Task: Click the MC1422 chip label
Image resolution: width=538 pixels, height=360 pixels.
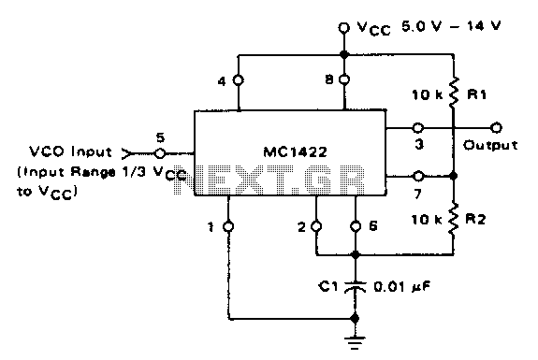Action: tap(295, 151)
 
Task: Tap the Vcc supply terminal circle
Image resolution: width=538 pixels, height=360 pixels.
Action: tap(343, 28)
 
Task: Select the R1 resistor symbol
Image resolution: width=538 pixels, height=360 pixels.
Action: tap(453, 92)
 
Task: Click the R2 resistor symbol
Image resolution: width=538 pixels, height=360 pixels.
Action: tap(453, 219)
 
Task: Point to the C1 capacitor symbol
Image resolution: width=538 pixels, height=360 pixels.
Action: tap(356, 287)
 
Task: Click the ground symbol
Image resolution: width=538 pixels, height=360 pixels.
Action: tap(356, 342)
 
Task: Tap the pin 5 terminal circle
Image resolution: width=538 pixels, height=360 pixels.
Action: tap(160, 153)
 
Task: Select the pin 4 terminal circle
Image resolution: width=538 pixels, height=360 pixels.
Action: tap(239, 80)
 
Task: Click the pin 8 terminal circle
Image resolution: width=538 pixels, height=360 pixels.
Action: tap(344, 79)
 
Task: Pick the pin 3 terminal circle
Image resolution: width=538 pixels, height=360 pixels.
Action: tap(417, 128)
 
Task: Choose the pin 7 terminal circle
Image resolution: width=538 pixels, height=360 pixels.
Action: tap(418, 176)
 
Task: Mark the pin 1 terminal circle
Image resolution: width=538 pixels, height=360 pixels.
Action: tap(228, 226)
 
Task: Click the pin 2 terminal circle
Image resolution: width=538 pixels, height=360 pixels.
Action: tap(316, 226)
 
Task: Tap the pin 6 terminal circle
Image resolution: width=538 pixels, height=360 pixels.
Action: tap(356, 226)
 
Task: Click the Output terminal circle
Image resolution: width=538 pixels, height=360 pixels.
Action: tap(496, 128)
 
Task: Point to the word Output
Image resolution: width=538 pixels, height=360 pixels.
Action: tap(490, 145)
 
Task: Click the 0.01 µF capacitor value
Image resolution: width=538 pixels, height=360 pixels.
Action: tap(401, 287)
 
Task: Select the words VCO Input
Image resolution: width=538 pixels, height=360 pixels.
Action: tap(71, 151)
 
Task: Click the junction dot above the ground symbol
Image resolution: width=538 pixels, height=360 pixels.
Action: tap(356, 318)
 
